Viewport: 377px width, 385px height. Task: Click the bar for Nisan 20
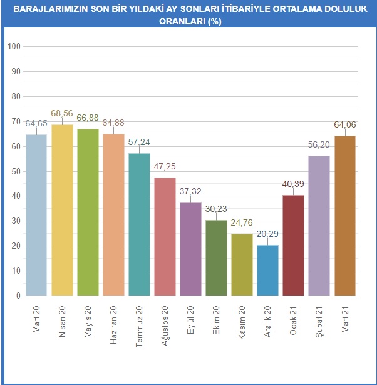click(62, 210)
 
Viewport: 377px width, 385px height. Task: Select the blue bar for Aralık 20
click(267, 270)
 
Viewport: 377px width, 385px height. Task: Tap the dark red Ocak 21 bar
click(293, 245)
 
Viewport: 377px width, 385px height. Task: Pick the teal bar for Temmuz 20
click(139, 224)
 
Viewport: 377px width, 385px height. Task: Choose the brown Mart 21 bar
click(344, 216)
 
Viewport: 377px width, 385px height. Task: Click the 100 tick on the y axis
click(14, 47)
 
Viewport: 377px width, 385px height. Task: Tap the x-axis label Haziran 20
click(113, 319)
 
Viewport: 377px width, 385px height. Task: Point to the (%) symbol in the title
click(213, 21)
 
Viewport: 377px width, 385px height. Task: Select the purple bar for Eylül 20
click(190, 249)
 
